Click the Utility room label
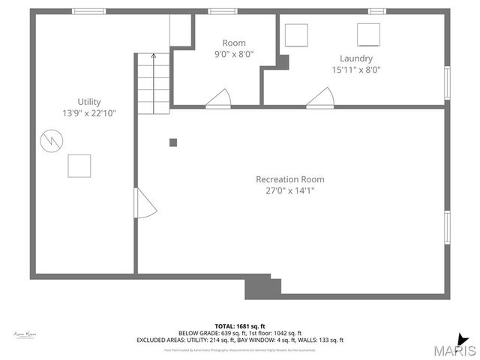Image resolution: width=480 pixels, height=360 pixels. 88,102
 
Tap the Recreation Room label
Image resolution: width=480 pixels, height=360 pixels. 289,179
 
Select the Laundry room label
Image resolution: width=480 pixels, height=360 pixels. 355,58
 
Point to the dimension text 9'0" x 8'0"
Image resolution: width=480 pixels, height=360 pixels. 234,54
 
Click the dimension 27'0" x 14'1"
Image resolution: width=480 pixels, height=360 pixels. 289,190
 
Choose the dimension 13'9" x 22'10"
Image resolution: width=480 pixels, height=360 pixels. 88,112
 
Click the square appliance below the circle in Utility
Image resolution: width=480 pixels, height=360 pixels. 79,165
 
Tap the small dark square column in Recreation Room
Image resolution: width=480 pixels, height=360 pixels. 173,142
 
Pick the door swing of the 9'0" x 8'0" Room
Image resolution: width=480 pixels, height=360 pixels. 219,98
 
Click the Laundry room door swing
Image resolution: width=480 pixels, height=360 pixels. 320,97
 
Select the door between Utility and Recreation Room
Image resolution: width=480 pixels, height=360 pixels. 145,203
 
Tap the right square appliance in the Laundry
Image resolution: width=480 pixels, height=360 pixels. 368,34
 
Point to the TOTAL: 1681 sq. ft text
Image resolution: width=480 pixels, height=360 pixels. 240,326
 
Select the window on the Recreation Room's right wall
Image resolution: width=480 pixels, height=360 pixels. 447,228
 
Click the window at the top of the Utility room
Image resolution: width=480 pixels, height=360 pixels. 89,11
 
